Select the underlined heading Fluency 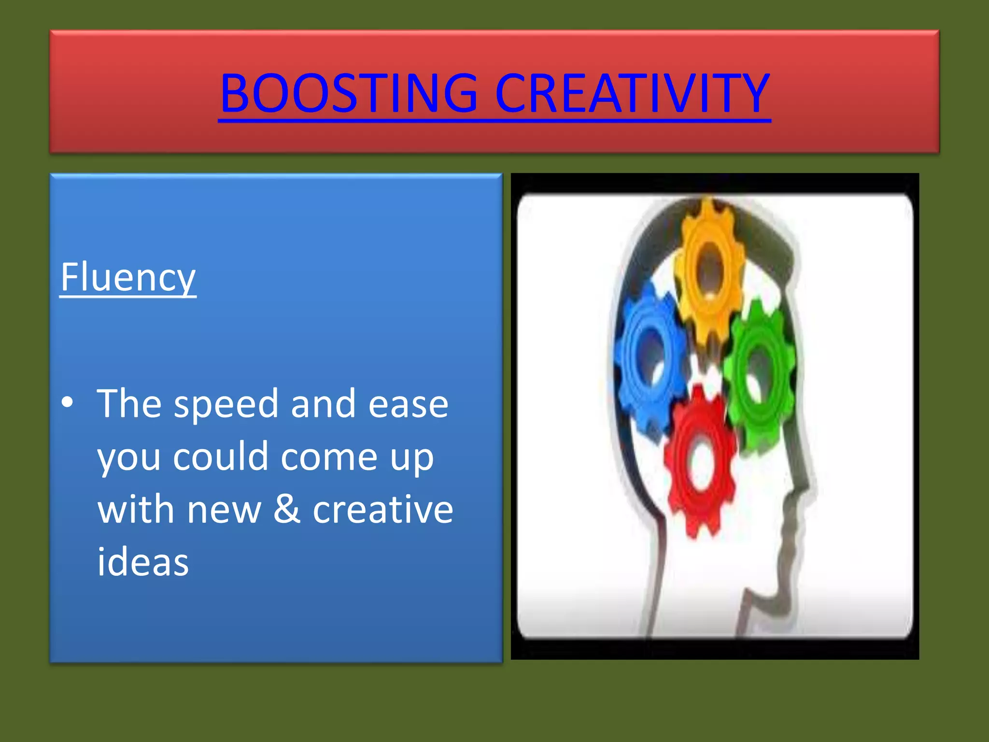128,277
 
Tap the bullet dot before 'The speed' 68,402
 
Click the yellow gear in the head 709,271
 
